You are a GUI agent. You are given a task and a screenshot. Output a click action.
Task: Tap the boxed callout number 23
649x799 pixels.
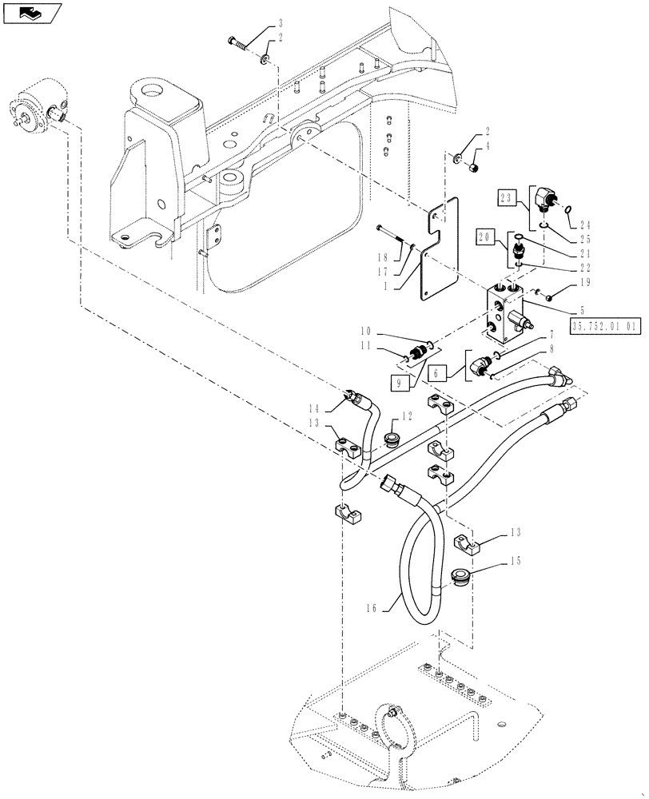[508, 197]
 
